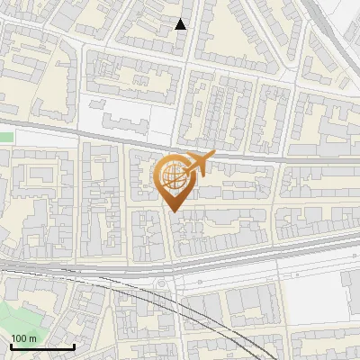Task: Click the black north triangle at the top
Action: click(x=181, y=24)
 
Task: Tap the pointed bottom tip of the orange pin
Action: click(x=173, y=211)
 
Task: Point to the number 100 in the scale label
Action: click(x=20, y=338)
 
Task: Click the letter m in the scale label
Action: click(x=33, y=338)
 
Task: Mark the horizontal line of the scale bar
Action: click(x=41, y=346)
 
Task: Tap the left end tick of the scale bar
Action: click(x=10, y=345)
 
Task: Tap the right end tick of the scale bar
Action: click(x=74, y=345)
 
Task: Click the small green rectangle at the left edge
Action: click(x=6, y=137)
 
